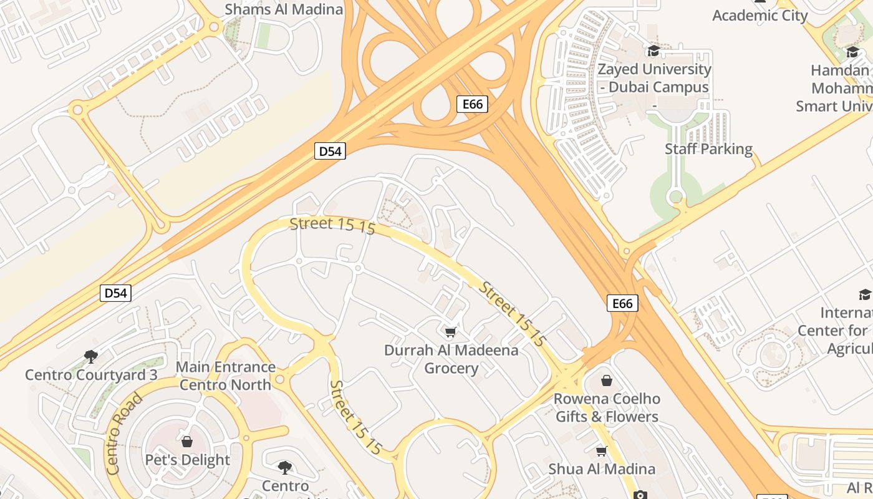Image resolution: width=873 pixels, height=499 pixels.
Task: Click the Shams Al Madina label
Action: [x=284, y=9]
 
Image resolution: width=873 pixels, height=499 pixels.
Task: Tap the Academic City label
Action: [x=760, y=16]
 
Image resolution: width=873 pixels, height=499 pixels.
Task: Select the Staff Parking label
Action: [x=708, y=149]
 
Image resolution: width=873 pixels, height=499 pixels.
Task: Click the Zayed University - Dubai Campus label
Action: [x=654, y=78]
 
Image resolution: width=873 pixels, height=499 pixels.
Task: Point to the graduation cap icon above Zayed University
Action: [x=654, y=51]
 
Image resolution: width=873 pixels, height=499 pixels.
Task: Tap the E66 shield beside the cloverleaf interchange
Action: [x=472, y=104]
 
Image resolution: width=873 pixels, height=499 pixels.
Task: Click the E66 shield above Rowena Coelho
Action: [x=622, y=304]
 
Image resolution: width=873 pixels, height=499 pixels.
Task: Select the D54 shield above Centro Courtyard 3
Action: [x=115, y=293]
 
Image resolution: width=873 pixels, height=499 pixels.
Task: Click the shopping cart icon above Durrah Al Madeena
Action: [x=451, y=332]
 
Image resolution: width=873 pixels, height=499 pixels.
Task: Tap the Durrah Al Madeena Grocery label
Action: [x=451, y=359]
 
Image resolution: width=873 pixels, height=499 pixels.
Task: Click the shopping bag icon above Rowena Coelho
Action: [x=607, y=380]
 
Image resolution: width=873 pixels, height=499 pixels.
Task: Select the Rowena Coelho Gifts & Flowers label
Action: [x=607, y=407]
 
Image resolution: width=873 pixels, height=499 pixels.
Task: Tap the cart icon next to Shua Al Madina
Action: [x=601, y=451]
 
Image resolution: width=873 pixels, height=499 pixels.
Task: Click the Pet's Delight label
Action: [x=187, y=460]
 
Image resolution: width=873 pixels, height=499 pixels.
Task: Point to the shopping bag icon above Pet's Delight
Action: [x=187, y=442]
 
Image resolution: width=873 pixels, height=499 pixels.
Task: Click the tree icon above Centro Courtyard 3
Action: [x=91, y=357]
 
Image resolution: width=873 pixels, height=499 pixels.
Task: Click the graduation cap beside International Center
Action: [x=864, y=295]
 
